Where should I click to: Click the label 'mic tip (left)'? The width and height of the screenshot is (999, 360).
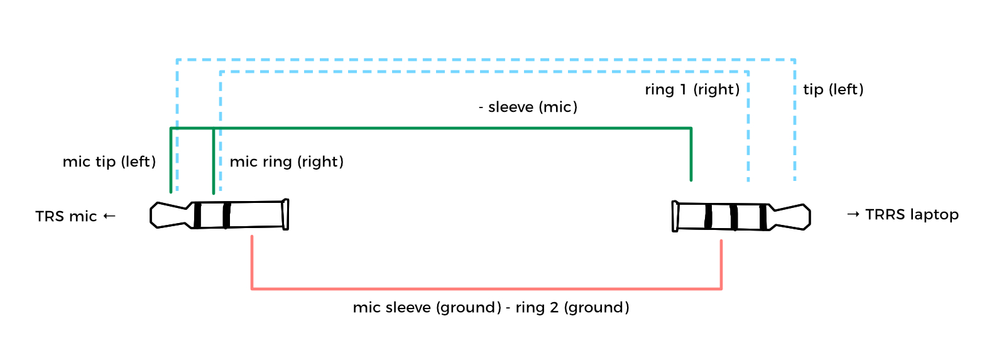pyautogui.click(x=109, y=162)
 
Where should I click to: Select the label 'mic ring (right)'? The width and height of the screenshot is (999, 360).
pyautogui.click(x=287, y=162)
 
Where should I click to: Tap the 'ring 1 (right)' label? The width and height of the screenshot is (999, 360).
pyautogui.click(x=692, y=90)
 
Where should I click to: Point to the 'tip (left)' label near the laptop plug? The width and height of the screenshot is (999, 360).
pyautogui.click(x=833, y=90)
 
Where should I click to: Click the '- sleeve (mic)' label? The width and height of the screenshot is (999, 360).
pyautogui.click(x=528, y=107)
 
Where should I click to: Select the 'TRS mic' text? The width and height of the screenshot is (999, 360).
pyautogui.click(x=66, y=217)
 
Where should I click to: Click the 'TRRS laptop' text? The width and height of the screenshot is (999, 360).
pyautogui.click(x=912, y=215)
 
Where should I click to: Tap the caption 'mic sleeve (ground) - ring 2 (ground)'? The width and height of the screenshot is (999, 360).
pyautogui.click(x=491, y=308)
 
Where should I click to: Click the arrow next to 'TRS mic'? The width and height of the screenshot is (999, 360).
pyautogui.click(x=109, y=216)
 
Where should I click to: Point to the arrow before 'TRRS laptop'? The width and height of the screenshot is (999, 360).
pyautogui.click(x=853, y=214)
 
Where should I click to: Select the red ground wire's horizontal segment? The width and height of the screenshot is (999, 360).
pyautogui.click(x=486, y=289)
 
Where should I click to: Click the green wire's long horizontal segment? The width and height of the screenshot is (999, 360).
pyautogui.click(x=440, y=128)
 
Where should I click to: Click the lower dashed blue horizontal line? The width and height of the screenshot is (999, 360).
pyautogui.click(x=484, y=72)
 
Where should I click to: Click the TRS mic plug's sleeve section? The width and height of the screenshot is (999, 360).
pyautogui.click(x=256, y=215)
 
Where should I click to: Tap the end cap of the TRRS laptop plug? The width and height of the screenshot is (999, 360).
pyautogui.click(x=675, y=216)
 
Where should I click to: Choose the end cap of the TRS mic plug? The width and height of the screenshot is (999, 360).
pyautogui.click(x=285, y=215)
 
